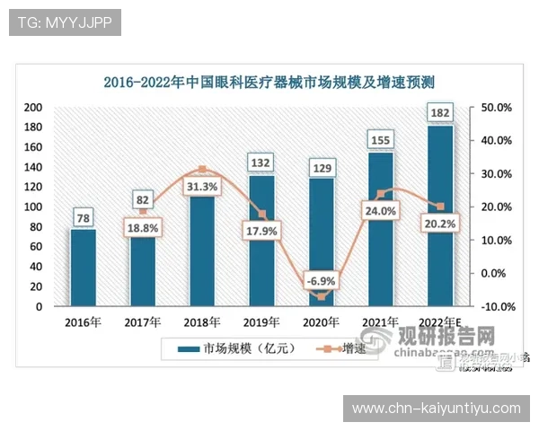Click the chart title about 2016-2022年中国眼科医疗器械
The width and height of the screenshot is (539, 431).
[269, 83]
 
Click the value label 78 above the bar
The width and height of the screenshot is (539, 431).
[83, 217]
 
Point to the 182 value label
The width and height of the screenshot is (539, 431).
[440, 113]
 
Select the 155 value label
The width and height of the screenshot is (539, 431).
[381, 140]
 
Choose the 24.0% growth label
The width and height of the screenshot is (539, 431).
[380, 212]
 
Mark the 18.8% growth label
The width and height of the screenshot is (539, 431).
[142, 228]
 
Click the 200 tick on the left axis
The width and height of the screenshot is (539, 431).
[33, 107]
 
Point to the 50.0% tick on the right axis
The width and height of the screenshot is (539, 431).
[497, 107]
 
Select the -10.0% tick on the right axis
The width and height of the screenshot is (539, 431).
[497, 306]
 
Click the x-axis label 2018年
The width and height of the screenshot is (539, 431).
[202, 322]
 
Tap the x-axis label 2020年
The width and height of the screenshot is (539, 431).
[321, 322]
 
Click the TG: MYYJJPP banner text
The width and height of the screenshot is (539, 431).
[65, 22]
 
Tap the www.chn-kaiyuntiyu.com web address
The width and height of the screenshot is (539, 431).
[436, 409]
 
